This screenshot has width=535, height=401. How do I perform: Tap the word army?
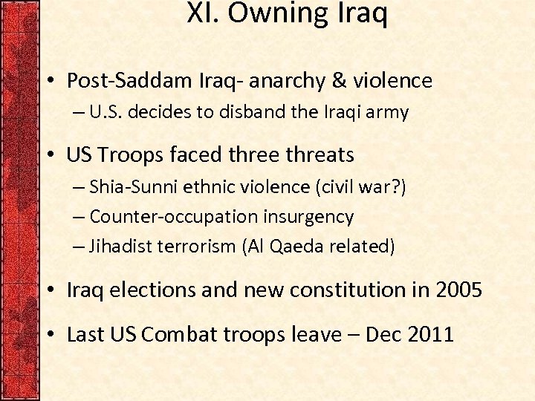tap(389, 114)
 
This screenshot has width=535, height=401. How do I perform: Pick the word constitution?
tap(346, 290)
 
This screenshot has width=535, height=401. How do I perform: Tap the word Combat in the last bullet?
tap(176, 335)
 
